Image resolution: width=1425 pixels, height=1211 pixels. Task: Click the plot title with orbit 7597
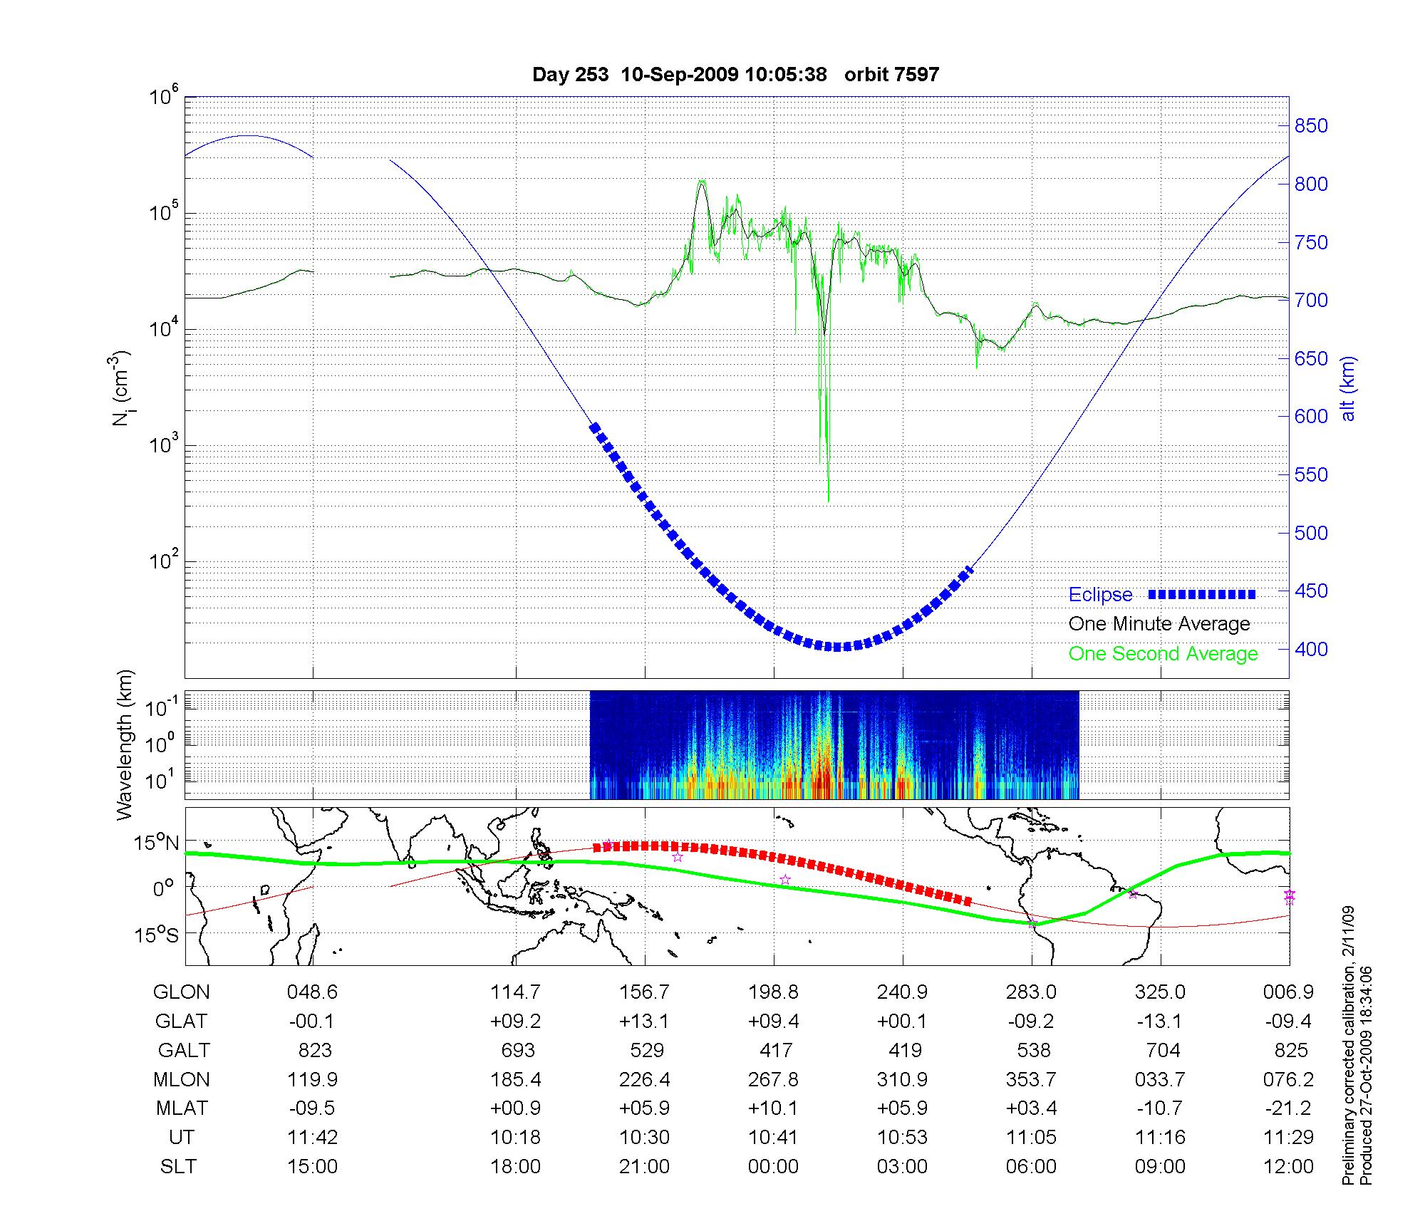735,74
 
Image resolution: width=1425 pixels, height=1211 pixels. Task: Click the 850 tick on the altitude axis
1311,126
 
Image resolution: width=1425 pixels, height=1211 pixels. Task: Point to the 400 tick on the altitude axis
1311,649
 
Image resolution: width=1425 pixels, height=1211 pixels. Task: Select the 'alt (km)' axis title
1347,388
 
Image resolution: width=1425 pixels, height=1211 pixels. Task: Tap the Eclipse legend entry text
1100,595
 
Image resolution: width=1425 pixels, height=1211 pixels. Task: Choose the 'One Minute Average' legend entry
1159,624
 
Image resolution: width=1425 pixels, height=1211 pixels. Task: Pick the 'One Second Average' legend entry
1163,654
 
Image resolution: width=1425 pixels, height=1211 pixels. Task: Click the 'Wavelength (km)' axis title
125,744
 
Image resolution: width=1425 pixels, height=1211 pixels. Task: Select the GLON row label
182,992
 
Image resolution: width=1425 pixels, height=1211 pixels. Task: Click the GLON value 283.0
1031,992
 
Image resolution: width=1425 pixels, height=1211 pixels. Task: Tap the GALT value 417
775,1050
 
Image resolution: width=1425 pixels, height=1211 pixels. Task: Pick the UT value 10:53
902,1137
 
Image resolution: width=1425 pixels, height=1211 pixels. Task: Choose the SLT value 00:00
773,1166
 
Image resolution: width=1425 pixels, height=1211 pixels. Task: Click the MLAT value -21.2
1288,1108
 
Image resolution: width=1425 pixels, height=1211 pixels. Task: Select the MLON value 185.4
515,1079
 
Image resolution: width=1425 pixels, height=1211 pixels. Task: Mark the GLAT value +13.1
645,1021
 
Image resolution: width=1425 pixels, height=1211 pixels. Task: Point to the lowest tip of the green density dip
828,501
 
